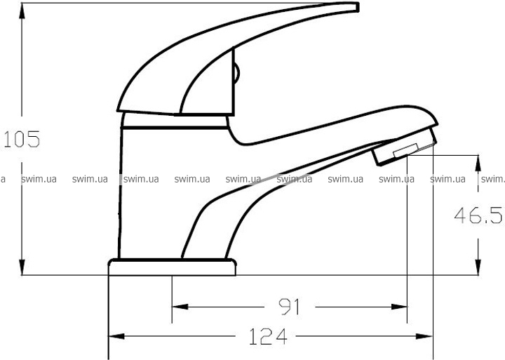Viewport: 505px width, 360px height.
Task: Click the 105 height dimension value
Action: click(x=21, y=139)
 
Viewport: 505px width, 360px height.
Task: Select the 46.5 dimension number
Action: click(x=478, y=215)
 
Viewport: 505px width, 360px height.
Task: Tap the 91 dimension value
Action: click(x=289, y=307)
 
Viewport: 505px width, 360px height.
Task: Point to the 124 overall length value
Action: click(x=268, y=336)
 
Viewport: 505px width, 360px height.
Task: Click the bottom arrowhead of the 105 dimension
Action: click(x=22, y=267)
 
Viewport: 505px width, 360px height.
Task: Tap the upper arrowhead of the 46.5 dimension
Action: click(x=478, y=163)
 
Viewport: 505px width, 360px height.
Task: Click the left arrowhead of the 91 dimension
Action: click(x=180, y=307)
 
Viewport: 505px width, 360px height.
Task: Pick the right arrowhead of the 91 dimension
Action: click(x=399, y=307)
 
